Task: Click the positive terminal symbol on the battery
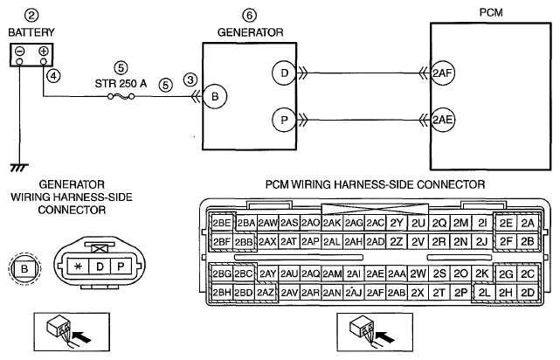click(44, 51)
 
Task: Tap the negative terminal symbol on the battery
click(19, 51)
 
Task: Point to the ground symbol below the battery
click(19, 168)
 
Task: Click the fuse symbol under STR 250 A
click(121, 96)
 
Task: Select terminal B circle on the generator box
click(215, 96)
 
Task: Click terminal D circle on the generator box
click(284, 73)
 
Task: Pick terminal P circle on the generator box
click(284, 120)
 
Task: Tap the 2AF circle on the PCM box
click(443, 73)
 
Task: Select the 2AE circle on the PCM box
click(443, 120)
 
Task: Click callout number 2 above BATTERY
click(31, 16)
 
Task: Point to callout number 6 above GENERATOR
click(250, 16)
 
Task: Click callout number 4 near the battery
click(53, 76)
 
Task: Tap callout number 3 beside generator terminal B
click(190, 80)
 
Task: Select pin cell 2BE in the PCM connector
click(222, 223)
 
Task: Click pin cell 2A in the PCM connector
click(528, 223)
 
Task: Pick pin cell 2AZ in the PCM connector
click(265, 293)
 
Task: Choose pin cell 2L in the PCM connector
click(484, 293)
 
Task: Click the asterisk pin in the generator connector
click(79, 267)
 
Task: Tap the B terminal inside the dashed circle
click(24, 268)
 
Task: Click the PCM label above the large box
click(491, 12)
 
